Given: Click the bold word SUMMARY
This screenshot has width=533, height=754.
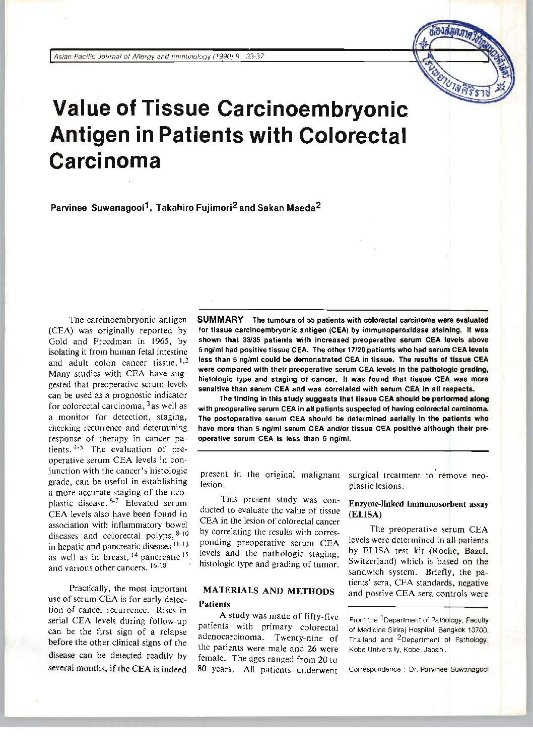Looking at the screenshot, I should click(220, 320).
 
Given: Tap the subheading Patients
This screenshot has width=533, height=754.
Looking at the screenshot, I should click(215, 604).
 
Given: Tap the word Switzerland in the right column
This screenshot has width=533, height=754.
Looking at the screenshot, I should click(372, 561).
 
